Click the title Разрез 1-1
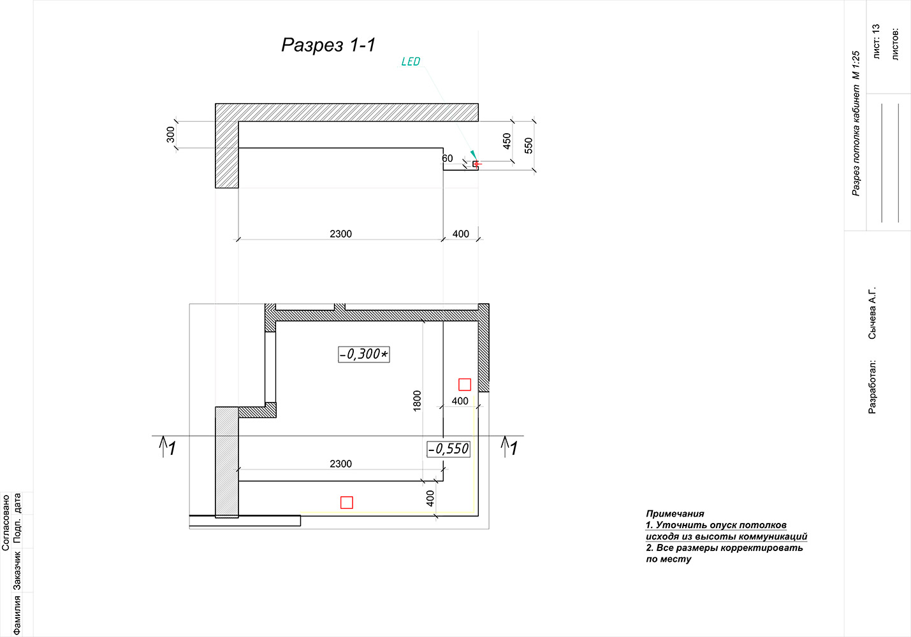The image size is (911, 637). click(x=328, y=45)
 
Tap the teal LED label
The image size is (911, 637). click(x=411, y=61)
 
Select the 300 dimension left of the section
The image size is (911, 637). click(x=170, y=134)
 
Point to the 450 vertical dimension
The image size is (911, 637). click(x=506, y=141)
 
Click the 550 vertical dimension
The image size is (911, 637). click(x=528, y=145)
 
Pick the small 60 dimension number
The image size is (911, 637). click(x=448, y=159)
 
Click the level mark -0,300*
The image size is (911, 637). click(x=364, y=354)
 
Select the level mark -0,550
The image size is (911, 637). click(x=449, y=449)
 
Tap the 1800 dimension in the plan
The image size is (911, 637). click(x=417, y=401)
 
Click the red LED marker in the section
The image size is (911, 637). click(x=476, y=164)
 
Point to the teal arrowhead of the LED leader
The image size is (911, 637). click(x=474, y=154)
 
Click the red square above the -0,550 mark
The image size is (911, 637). click(x=465, y=384)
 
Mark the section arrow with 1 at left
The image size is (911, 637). click(x=168, y=447)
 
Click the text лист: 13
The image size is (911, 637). click(x=876, y=41)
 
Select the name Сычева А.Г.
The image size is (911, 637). click(x=872, y=313)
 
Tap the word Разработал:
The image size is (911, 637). click(x=872, y=387)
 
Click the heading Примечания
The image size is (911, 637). click(x=675, y=513)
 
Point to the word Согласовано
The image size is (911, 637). click(x=6, y=522)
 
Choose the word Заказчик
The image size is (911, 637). click(x=17, y=570)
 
